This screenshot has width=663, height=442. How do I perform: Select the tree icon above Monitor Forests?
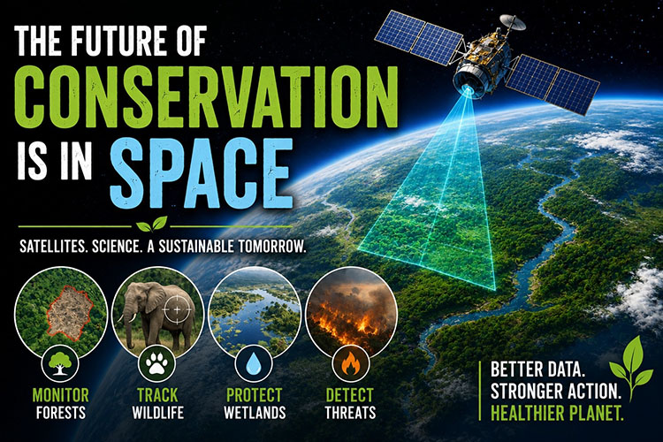tap(59, 363)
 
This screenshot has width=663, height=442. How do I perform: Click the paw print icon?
tap(156, 363)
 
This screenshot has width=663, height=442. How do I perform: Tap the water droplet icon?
tap(254, 363)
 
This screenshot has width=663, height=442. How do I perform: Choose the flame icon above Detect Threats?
tap(350, 363)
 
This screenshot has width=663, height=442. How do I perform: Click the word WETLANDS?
tap(255, 412)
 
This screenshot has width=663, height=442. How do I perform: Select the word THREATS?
tap(350, 412)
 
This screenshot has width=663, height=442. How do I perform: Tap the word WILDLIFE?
tap(157, 412)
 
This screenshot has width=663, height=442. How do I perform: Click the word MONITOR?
tap(61, 395)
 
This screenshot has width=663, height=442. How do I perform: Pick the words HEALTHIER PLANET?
tap(557, 413)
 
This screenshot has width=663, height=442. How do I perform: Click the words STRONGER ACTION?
tap(556, 392)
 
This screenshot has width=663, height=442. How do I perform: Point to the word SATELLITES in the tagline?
tap(53, 246)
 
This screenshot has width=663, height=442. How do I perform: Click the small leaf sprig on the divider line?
tap(152, 225)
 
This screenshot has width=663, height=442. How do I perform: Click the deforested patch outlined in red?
tap(69, 312)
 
